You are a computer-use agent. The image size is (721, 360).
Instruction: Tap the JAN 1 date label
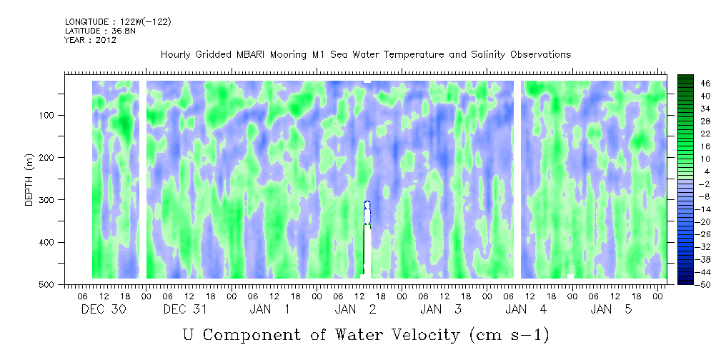269,309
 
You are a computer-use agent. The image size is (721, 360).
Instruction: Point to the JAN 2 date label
355,309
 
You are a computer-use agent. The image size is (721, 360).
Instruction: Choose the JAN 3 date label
441,309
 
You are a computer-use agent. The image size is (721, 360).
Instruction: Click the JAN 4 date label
526,309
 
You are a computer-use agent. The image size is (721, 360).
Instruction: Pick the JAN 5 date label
612,309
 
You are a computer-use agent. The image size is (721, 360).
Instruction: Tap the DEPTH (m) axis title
29,183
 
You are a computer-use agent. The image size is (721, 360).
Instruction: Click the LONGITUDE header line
117,22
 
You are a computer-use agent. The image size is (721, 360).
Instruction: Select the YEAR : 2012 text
90,40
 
